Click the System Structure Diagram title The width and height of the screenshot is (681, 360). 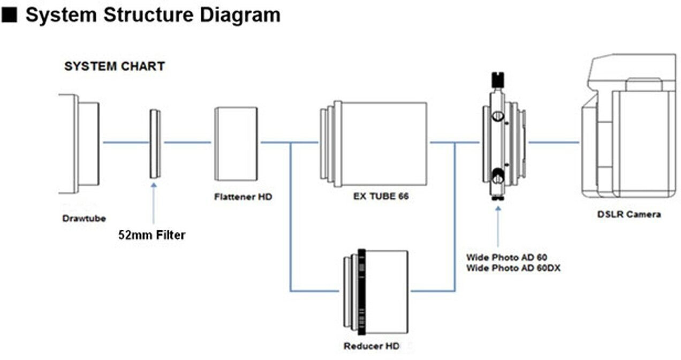pos(153,14)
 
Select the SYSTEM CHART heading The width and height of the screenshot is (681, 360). pos(114,67)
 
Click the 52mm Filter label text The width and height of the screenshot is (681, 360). pos(152,235)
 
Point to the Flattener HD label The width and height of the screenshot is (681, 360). pos(243,197)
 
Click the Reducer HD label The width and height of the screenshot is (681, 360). pos(371,346)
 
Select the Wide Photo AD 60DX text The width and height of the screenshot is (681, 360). pos(513,268)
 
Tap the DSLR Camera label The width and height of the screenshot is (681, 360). pos(629,214)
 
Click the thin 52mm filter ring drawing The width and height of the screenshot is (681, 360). pos(155,143)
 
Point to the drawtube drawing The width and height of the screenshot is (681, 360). pos(80,143)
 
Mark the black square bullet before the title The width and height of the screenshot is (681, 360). pos(9,15)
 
